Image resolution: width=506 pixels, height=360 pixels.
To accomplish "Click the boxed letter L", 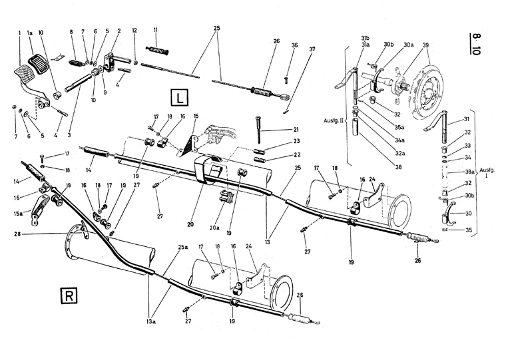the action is (179, 97).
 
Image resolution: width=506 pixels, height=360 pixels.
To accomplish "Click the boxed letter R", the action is (69, 295).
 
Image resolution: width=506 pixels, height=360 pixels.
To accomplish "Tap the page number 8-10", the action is (475, 43).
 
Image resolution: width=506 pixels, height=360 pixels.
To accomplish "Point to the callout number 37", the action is (312, 49).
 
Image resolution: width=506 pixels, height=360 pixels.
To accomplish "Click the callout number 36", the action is (294, 45).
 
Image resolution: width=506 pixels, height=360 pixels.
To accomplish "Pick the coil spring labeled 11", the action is (158, 51).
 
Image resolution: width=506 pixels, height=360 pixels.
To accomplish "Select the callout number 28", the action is (17, 234).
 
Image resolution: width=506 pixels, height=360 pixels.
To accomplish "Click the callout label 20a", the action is (214, 228).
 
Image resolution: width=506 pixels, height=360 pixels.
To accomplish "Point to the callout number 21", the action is (296, 129).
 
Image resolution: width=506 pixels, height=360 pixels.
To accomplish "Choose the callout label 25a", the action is (182, 247).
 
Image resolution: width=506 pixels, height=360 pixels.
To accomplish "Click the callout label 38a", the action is (469, 172).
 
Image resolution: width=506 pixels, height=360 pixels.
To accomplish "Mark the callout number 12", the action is (134, 31).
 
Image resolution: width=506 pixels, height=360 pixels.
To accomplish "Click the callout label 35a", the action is (400, 128).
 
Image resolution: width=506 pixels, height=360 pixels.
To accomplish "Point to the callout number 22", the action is (297, 155).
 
